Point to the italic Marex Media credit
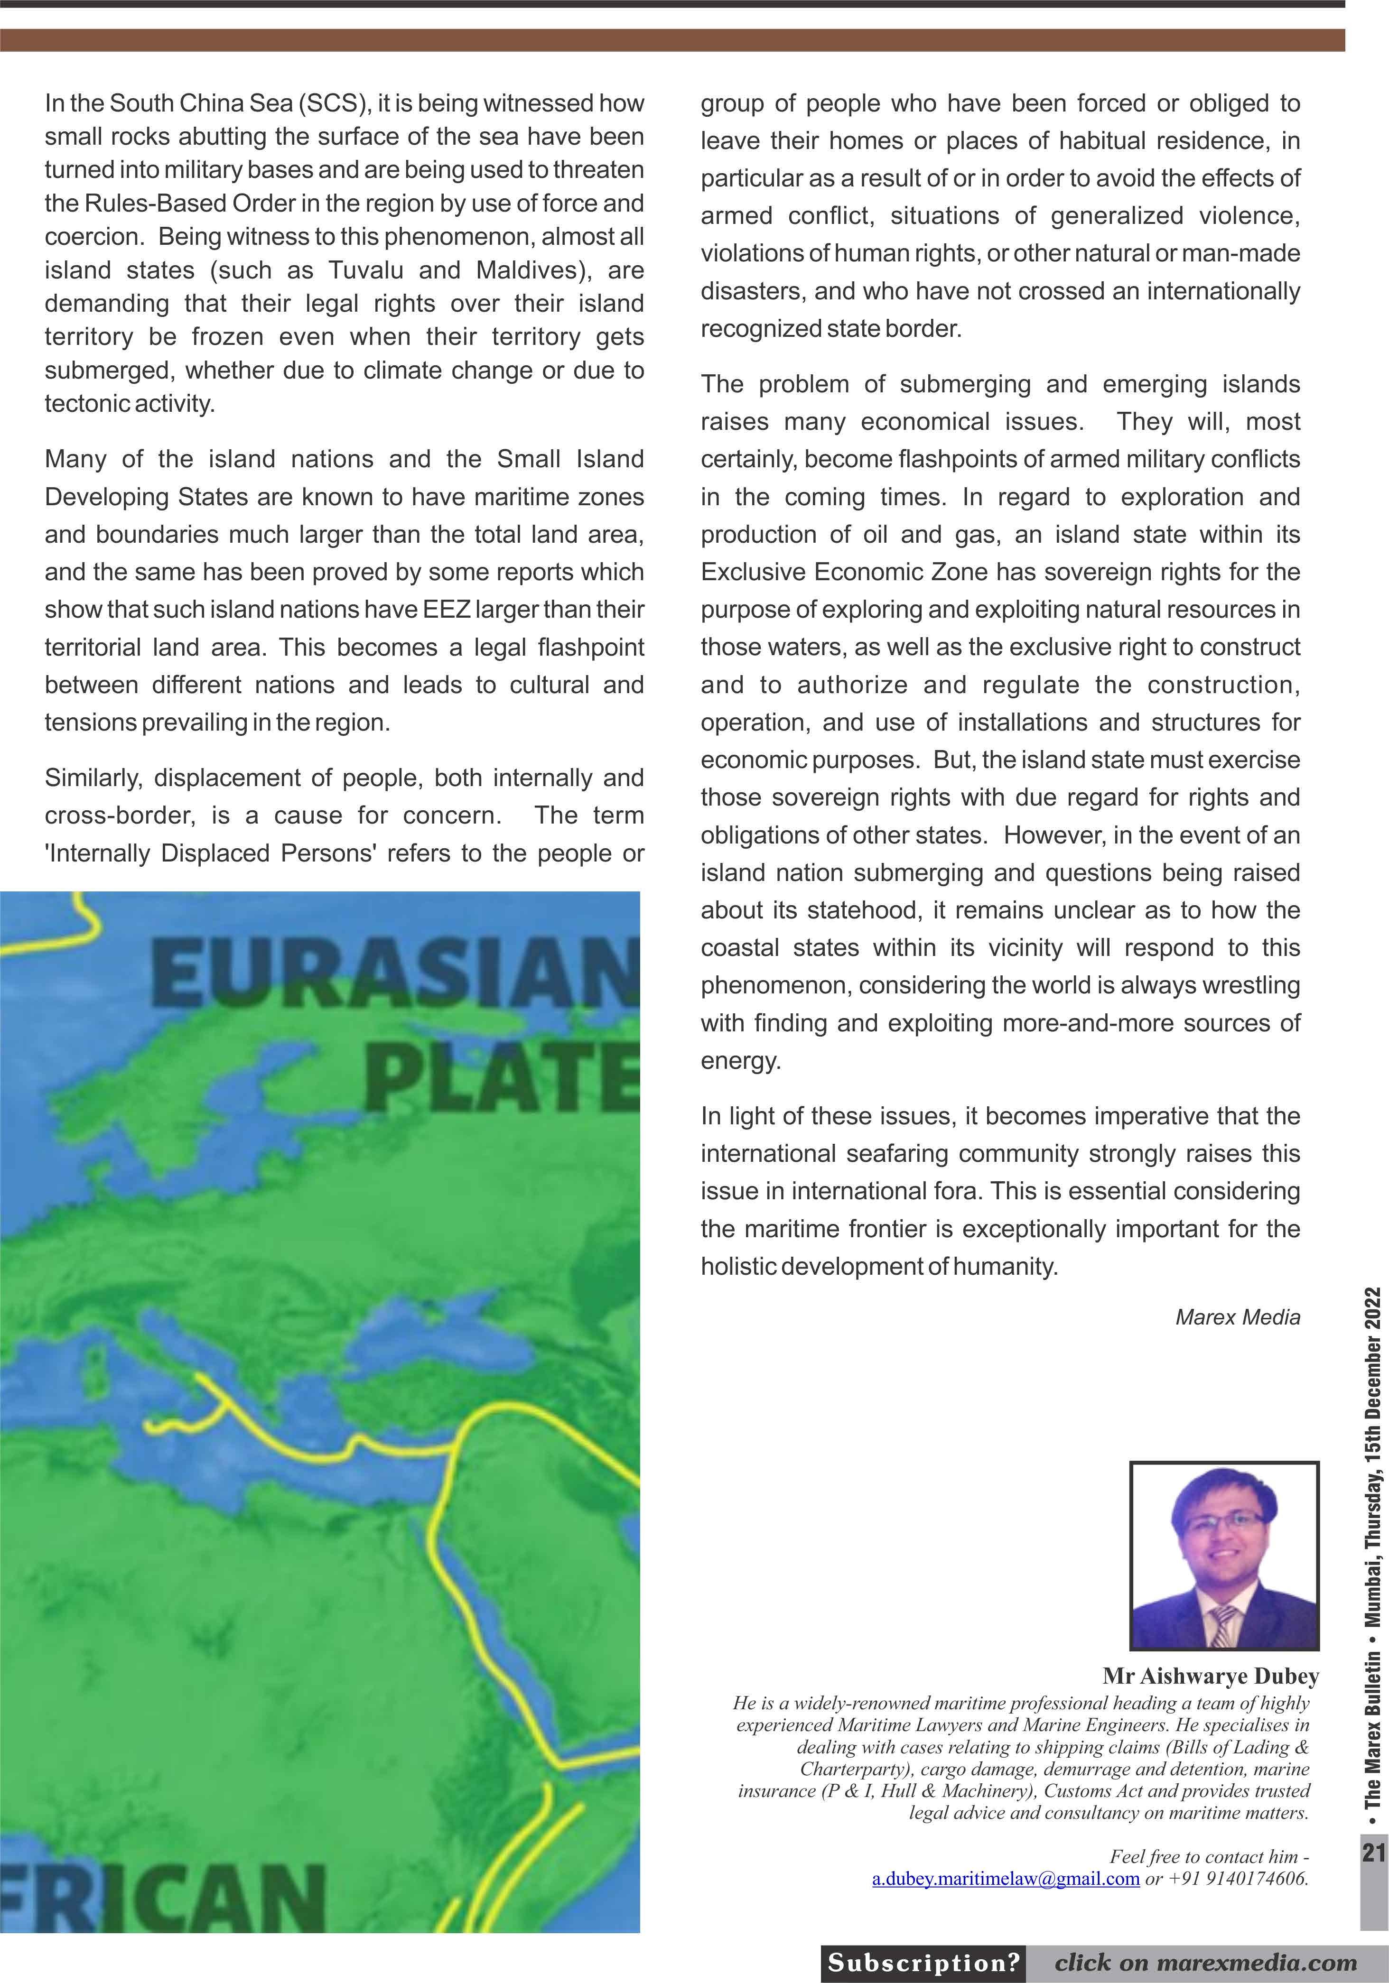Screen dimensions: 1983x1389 pyautogui.click(x=1237, y=1317)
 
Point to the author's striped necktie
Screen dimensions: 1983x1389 pyautogui.click(x=1223, y=1624)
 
